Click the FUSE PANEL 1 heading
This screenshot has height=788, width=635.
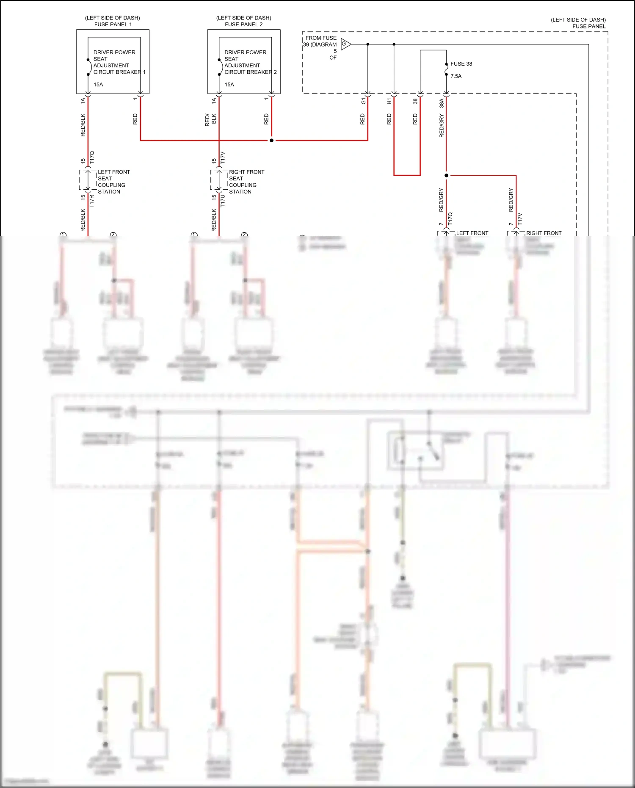pyautogui.click(x=113, y=24)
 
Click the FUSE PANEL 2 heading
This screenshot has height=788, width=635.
pyautogui.click(x=243, y=24)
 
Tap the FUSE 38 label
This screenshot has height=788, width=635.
pyautogui.click(x=461, y=64)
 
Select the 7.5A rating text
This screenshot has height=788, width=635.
pyautogui.click(x=456, y=76)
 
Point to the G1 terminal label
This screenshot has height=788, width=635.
pyautogui.click(x=363, y=101)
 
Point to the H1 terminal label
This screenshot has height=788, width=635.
pyautogui.click(x=389, y=101)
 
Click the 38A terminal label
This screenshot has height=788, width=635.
pyautogui.click(x=441, y=103)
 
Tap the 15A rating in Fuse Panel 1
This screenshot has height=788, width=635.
pyautogui.click(x=98, y=85)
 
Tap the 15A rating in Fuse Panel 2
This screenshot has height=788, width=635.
pyautogui.click(x=229, y=85)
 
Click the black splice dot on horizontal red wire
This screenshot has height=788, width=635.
pyautogui.click(x=271, y=140)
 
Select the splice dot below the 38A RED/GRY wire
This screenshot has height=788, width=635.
pyautogui.click(x=446, y=175)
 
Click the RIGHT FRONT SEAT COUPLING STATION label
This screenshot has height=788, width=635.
pyautogui.click(x=246, y=182)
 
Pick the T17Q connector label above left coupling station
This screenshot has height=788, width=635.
pyautogui.click(x=92, y=158)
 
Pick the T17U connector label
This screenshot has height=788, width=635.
pyautogui.click(x=223, y=201)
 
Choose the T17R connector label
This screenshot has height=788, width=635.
pyautogui.click(x=92, y=201)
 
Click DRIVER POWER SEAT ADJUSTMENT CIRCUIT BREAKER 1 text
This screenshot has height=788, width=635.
pyautogui.click(x=119, y=62)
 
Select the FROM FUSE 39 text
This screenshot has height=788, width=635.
pyautogui.click(x=320, y=41)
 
